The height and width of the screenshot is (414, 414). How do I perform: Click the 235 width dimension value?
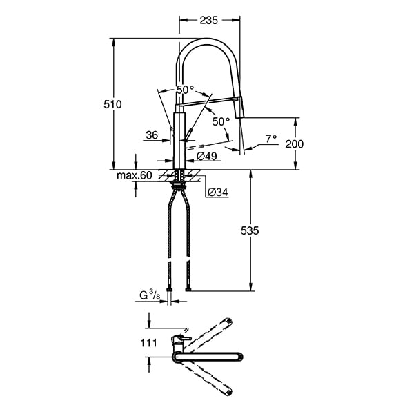210,21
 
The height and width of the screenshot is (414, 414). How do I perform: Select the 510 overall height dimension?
112,105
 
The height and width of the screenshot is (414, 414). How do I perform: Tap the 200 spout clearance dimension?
293,144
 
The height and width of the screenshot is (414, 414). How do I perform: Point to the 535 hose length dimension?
250,232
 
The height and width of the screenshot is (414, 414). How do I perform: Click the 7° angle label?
270,139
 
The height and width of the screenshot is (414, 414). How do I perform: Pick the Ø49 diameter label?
208,157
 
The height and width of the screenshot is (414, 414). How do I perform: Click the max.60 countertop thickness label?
134,175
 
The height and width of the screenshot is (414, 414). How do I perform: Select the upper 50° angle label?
185,90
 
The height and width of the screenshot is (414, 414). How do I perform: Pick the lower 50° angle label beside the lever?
221,121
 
